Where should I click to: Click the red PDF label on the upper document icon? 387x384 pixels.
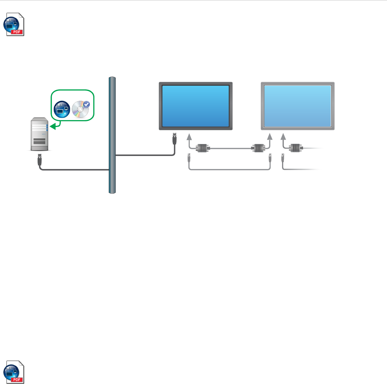[18, 32]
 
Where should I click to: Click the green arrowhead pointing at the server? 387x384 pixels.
[53, 126]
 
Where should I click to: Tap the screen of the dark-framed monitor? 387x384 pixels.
[196, 106]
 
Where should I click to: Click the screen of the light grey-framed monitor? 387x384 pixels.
[298, 106]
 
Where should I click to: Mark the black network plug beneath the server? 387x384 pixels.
[39, 159]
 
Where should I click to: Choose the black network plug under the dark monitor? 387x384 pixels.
[174, 138]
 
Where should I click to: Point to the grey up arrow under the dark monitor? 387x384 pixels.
[188, 138]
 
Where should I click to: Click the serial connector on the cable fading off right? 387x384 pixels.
[295, 148]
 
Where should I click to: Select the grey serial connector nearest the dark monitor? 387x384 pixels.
[201, 148]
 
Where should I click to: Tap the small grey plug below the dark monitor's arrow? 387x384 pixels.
[188, 157]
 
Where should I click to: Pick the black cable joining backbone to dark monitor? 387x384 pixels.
[145, 156]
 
